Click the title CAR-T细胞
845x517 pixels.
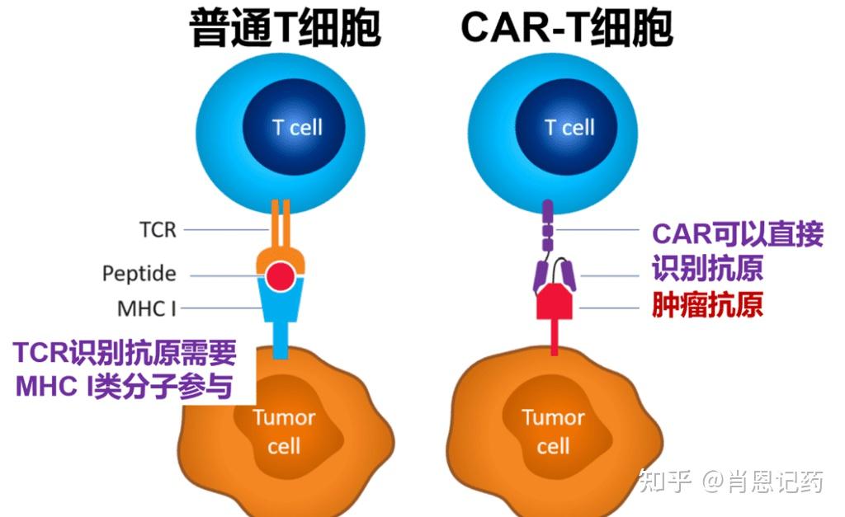point(567,29)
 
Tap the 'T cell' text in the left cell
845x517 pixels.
point(297,128)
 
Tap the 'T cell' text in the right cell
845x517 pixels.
point(569,128)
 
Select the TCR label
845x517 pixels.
point(158,229)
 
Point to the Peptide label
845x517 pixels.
point(139,273)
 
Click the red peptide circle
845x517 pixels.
point(282,275)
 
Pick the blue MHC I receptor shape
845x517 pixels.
point(282,313)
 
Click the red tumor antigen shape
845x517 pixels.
point(555,303)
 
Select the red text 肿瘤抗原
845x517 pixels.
point(707,306)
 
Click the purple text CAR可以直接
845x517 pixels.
point(738,234)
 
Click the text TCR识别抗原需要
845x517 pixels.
point(125,354)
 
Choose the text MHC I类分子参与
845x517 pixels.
point(124,388)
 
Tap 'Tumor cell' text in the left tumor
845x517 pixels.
point(284,431)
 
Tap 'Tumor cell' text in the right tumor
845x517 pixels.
point(553,431)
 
